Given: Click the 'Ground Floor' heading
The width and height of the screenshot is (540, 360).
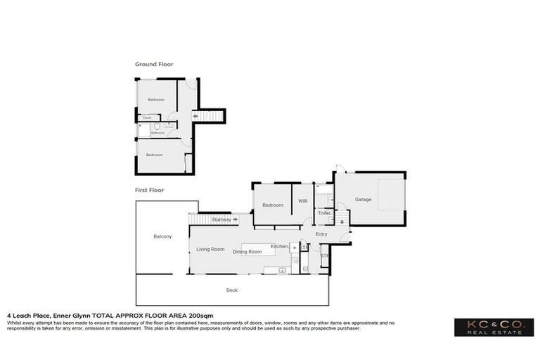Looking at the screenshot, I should click(154, 64).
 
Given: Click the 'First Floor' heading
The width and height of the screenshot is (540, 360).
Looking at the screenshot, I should click(150, 190).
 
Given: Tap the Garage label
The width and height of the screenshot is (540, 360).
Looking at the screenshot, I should click(363, 200).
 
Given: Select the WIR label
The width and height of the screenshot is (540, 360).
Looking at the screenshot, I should click(303, 200).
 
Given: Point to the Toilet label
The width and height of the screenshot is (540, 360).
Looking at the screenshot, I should click(324, 212).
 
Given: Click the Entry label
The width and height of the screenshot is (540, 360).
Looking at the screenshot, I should click(321, 234).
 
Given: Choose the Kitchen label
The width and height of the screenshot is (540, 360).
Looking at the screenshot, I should click(279, 246).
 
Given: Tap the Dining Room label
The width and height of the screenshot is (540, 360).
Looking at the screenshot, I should click(247, 251).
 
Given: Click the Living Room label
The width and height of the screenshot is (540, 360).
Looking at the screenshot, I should click(210, 249).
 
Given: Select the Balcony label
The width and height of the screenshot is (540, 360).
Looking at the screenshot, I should click(162, 236).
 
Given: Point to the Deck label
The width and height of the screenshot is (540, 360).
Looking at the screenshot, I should click(231, 290).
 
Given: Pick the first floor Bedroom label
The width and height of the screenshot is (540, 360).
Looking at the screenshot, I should click(273, 205).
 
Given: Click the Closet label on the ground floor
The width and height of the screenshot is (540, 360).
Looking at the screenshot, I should click(148, 117).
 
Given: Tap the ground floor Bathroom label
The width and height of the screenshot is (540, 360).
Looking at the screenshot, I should click(157, 132).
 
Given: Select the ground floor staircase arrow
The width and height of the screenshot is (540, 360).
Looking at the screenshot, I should click(195, 117).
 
